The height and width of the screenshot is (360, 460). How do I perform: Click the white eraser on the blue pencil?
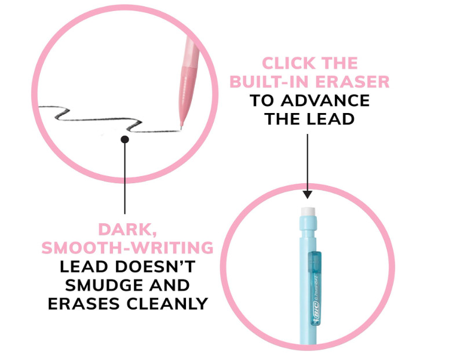coord(308,212)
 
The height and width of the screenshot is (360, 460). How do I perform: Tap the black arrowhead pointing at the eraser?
coord(308,195)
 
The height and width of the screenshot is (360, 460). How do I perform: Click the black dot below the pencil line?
coord(125,139)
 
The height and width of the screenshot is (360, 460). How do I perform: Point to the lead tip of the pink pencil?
coord(181,128)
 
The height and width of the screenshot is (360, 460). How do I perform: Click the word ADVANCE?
coord(325,101)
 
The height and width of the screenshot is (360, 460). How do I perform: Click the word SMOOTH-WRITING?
coord(127,248)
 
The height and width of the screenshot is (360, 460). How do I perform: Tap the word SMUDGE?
coord(103,285)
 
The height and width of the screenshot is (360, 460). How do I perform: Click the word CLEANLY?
coord(167,304)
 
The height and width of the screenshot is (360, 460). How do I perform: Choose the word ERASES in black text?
coord(83,304)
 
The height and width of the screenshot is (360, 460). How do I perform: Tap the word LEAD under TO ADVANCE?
coord(330,119)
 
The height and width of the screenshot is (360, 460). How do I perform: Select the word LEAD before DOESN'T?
coord(84,267)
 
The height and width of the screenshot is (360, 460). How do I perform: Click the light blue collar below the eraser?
coord(308,223)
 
